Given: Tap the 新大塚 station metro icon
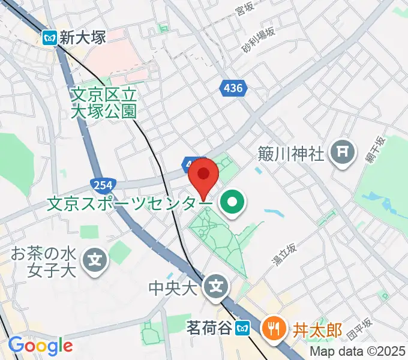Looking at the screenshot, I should (50, 38).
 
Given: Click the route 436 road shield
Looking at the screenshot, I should (231, 89).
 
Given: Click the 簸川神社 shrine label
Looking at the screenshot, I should (292, 154).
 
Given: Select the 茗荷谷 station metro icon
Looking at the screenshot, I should (242, 328).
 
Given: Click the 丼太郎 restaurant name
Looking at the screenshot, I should (317, 329).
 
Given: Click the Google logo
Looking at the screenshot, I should (40, 346).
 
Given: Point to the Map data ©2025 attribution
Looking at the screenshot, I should (358, 350).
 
